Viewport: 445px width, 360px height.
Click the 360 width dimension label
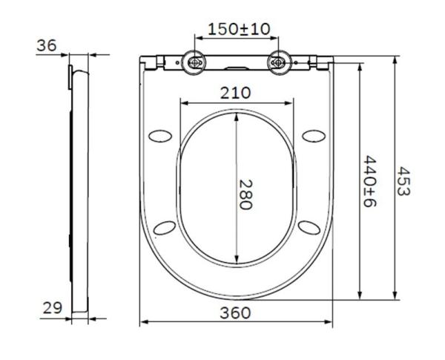point(237,312)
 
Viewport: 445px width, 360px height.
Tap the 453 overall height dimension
point(403,180)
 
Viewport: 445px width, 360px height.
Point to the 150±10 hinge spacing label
point(237,29)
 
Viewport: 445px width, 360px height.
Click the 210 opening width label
point(237,92)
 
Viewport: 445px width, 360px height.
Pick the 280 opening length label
point(245,194)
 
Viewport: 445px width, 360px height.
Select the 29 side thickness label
point(51,307)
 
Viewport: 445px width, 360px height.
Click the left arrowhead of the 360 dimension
point(144,321)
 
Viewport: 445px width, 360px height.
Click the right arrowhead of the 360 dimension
point(329,321)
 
